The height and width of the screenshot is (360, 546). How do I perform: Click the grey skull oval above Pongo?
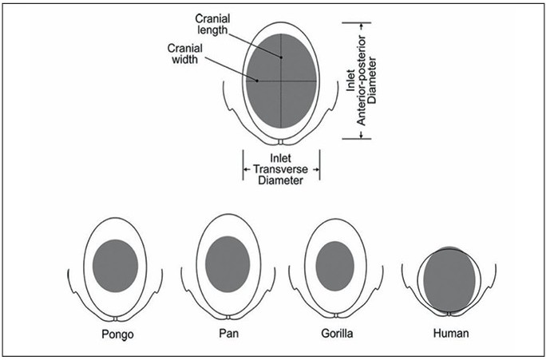click(x=116, y=264)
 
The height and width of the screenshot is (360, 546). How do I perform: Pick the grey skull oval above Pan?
click(x=227, y=264)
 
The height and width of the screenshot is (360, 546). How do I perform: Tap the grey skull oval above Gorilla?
click(x=334, y=265)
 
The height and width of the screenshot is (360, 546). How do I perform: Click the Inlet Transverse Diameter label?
click(x=281, y=169)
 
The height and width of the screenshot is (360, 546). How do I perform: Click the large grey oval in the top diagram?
click(x=281, y=80)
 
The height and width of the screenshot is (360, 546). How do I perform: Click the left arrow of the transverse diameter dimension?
click(x=246, y=169)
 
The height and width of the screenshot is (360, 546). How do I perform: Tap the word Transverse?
click(x=281, y=169)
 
